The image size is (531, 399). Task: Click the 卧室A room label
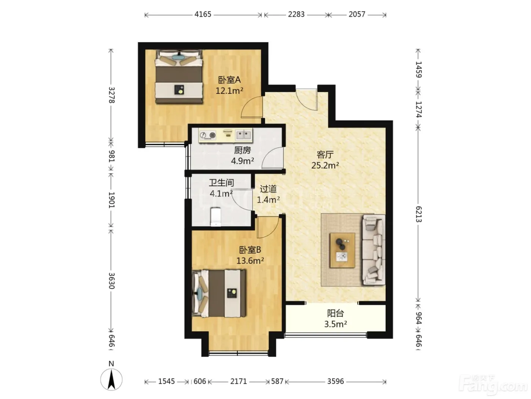point(229,80)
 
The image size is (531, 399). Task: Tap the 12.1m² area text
point(229,91)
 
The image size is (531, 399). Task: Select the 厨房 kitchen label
point(242,150)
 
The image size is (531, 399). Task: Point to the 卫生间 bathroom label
point(222,183)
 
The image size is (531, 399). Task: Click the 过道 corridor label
point(268,189)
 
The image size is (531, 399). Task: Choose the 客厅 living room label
point(325,154)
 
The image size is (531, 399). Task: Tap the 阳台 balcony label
point(336,313)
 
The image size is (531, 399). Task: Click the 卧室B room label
point(250,250)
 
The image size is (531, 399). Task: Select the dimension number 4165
point(203,14)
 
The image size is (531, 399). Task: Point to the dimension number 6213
point(418,214)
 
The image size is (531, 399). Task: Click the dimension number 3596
point(336,381)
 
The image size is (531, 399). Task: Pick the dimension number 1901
point(111,200)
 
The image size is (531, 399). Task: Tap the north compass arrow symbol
point(111,380)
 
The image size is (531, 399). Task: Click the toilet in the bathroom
point(215,217)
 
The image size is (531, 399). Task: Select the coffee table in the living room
point(342,250)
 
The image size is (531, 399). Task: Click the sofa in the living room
point(374,250)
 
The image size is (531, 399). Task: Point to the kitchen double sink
point(244,135)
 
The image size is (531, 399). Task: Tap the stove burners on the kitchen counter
point(208,135)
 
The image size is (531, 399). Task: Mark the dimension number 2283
point(296,14)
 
